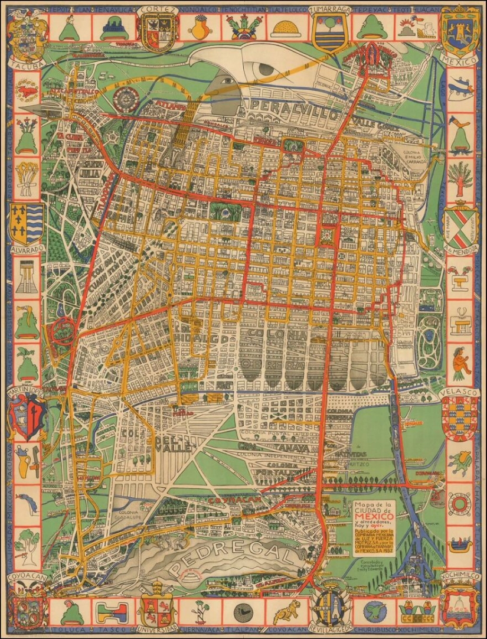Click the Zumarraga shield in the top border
click(328, 34)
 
